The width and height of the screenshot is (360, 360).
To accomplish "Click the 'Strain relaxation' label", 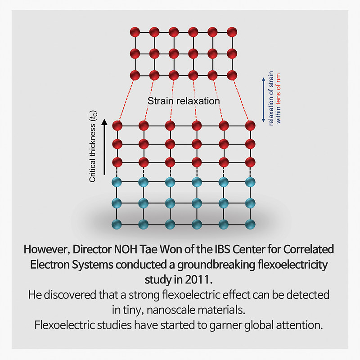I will click(x=184, y=101).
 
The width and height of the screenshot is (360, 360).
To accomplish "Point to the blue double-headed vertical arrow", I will click(x=264, y=99).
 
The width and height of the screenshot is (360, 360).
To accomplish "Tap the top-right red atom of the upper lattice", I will click(x=232, y=32).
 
